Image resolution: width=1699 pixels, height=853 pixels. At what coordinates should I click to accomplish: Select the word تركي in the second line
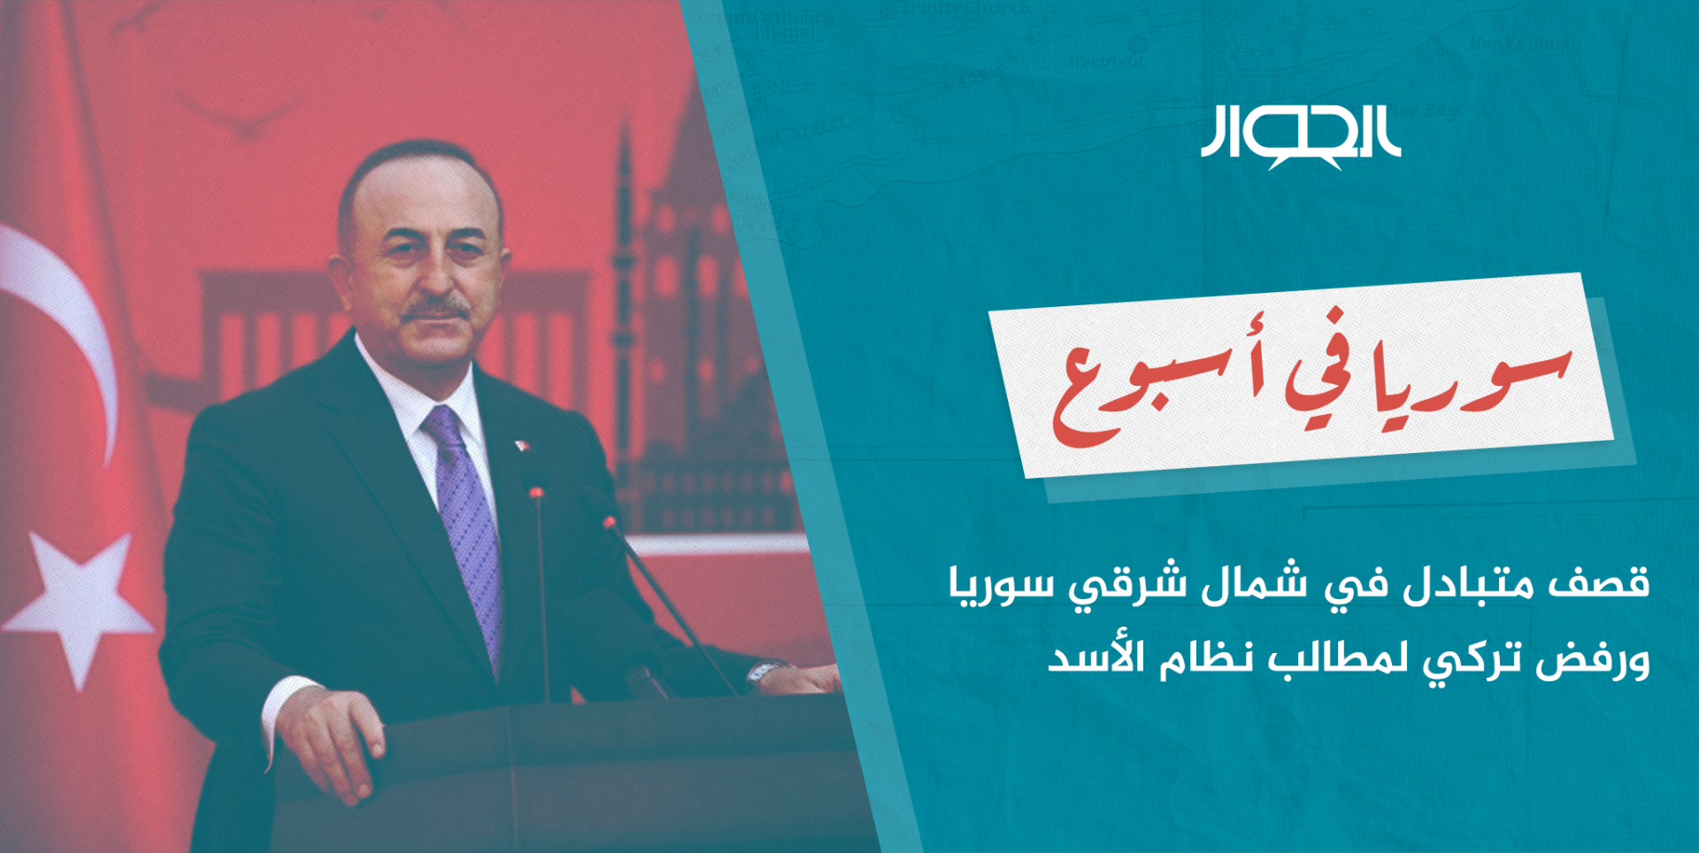click(1472, 661)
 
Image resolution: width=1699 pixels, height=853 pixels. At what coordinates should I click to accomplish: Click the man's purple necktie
click(464, 531)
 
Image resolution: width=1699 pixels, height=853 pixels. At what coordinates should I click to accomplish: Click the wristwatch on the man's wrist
click(762, 675)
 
